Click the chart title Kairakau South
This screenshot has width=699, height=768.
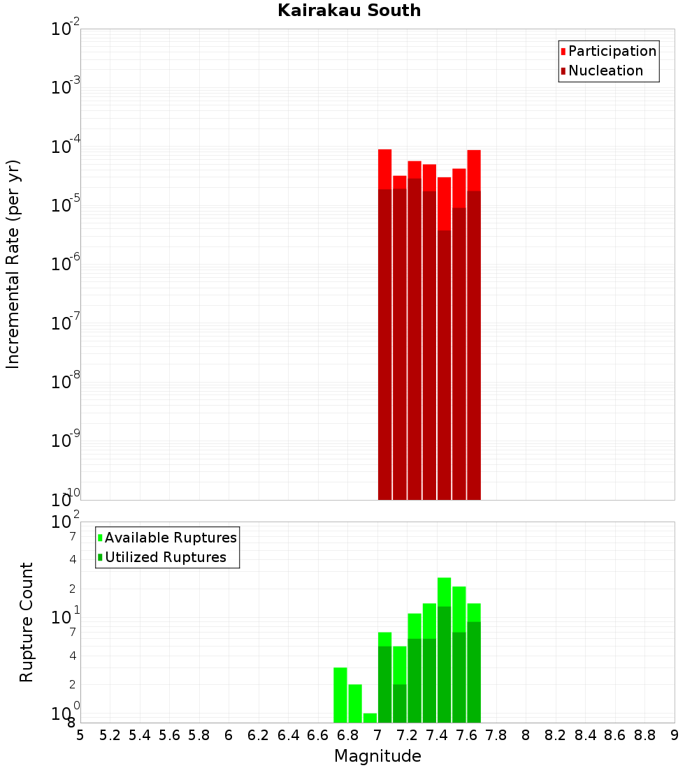pyautogui.click(x=349, y=10)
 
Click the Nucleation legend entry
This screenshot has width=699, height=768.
pyautogui.click(x=602, y=71)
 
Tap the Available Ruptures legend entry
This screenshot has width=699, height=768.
pyautogui.click(x=167, y=538)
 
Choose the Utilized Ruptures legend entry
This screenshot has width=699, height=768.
pyautogui.click(x=161, y=557)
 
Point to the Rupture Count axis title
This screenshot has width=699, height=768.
pyautogui.click(x=27, y=622)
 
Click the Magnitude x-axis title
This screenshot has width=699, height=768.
pyautogui.click(x=377, y=756)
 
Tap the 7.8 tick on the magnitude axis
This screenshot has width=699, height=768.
pyautogui.click(x=496, y=735)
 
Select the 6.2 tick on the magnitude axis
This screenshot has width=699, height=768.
pyautogui.click(x=259, y=735)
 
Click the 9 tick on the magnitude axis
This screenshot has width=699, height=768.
pyautogui.click(x=675, y=735)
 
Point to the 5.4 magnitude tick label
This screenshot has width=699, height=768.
pyautogui.click(x=140, y=735)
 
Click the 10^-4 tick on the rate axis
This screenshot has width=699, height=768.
pyautogui.click(x=66, y=147)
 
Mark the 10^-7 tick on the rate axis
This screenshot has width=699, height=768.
pyautogui.click(x=66, y=323)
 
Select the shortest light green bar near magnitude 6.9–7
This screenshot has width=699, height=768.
pyautogui.click(x=370, y=718)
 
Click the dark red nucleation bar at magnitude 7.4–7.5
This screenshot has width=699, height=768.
pyautogui.click(x=444, y=363)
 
